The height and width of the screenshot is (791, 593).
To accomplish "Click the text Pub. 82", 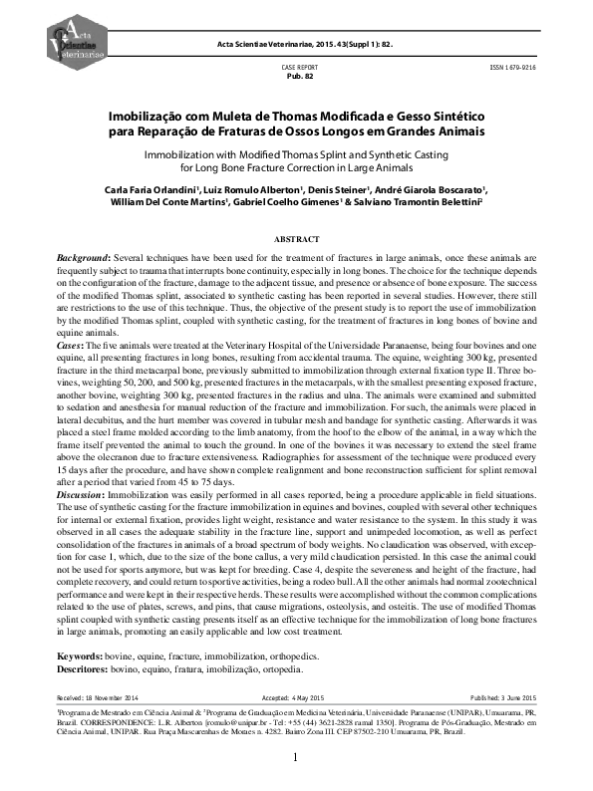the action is click(301, 76).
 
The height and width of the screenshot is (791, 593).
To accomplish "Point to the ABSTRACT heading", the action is click(296, 239).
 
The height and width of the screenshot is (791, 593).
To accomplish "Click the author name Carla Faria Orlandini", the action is click(163, 188).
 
